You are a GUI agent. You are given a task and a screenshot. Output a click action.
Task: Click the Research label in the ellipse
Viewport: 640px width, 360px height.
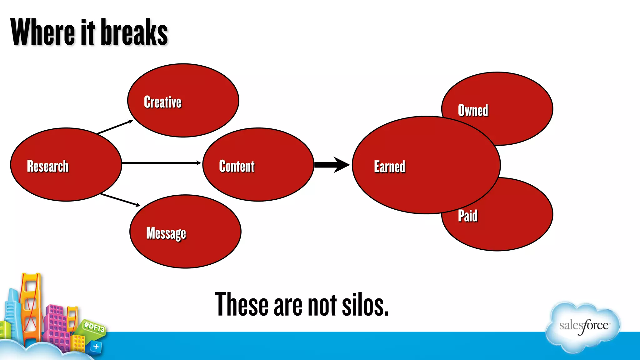(47, 166)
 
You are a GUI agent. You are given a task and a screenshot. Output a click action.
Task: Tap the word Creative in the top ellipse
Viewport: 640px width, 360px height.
(162, 102)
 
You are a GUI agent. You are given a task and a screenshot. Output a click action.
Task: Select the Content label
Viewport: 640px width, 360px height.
(237, 166)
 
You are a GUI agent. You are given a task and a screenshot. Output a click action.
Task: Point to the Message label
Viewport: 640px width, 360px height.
(166, 233)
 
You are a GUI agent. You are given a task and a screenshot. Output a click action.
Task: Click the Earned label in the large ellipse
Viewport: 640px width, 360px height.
(389, 167)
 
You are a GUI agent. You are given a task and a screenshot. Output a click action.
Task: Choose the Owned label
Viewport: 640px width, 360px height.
(473, 110)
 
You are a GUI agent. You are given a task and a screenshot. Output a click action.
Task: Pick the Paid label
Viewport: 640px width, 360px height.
(467, 216)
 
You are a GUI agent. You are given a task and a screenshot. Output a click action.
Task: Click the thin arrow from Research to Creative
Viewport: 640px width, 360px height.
(115, 127)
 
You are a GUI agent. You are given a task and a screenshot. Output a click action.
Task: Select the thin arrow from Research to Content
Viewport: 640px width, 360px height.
(161, 163)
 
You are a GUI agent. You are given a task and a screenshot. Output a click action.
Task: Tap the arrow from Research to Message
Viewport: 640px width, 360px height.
(120, 200)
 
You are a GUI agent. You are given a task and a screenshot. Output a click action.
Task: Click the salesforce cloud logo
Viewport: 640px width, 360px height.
(583, 326)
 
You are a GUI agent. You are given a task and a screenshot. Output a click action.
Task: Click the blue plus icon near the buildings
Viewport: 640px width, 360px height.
(96, 346)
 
